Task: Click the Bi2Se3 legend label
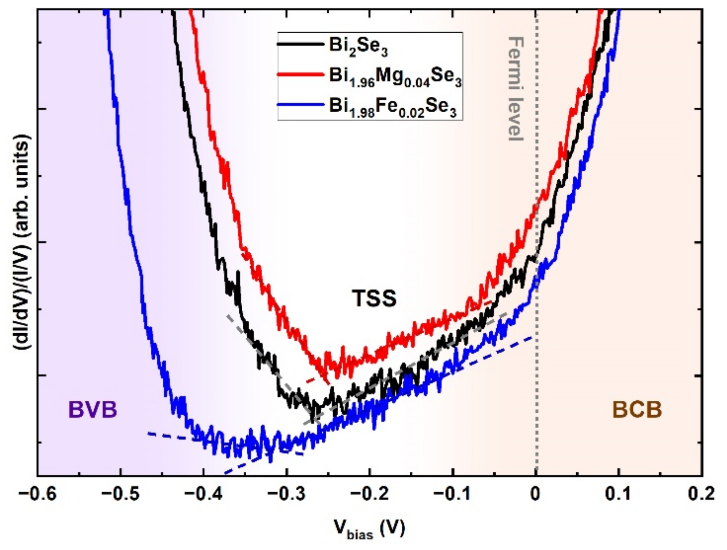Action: point(358,46)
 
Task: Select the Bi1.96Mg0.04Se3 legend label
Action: point(395,77)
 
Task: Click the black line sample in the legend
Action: point(300,44)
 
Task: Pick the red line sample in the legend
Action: point(300,75)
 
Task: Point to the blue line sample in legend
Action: point(300,105)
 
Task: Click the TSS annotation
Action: point(374,299)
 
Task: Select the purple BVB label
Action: point(93,410)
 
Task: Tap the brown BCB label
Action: point(637,410)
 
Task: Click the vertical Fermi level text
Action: point(516,89)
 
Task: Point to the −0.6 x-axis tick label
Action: point(37,494)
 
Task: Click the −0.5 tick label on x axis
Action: point(120,494)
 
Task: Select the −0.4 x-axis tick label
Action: point(203,494)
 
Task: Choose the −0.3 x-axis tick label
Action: point(287,494)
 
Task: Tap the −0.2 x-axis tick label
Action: point(369,494)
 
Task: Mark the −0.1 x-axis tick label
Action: point(452,494)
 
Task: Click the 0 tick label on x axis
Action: point(536,494)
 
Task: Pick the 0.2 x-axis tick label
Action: point(701,494)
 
